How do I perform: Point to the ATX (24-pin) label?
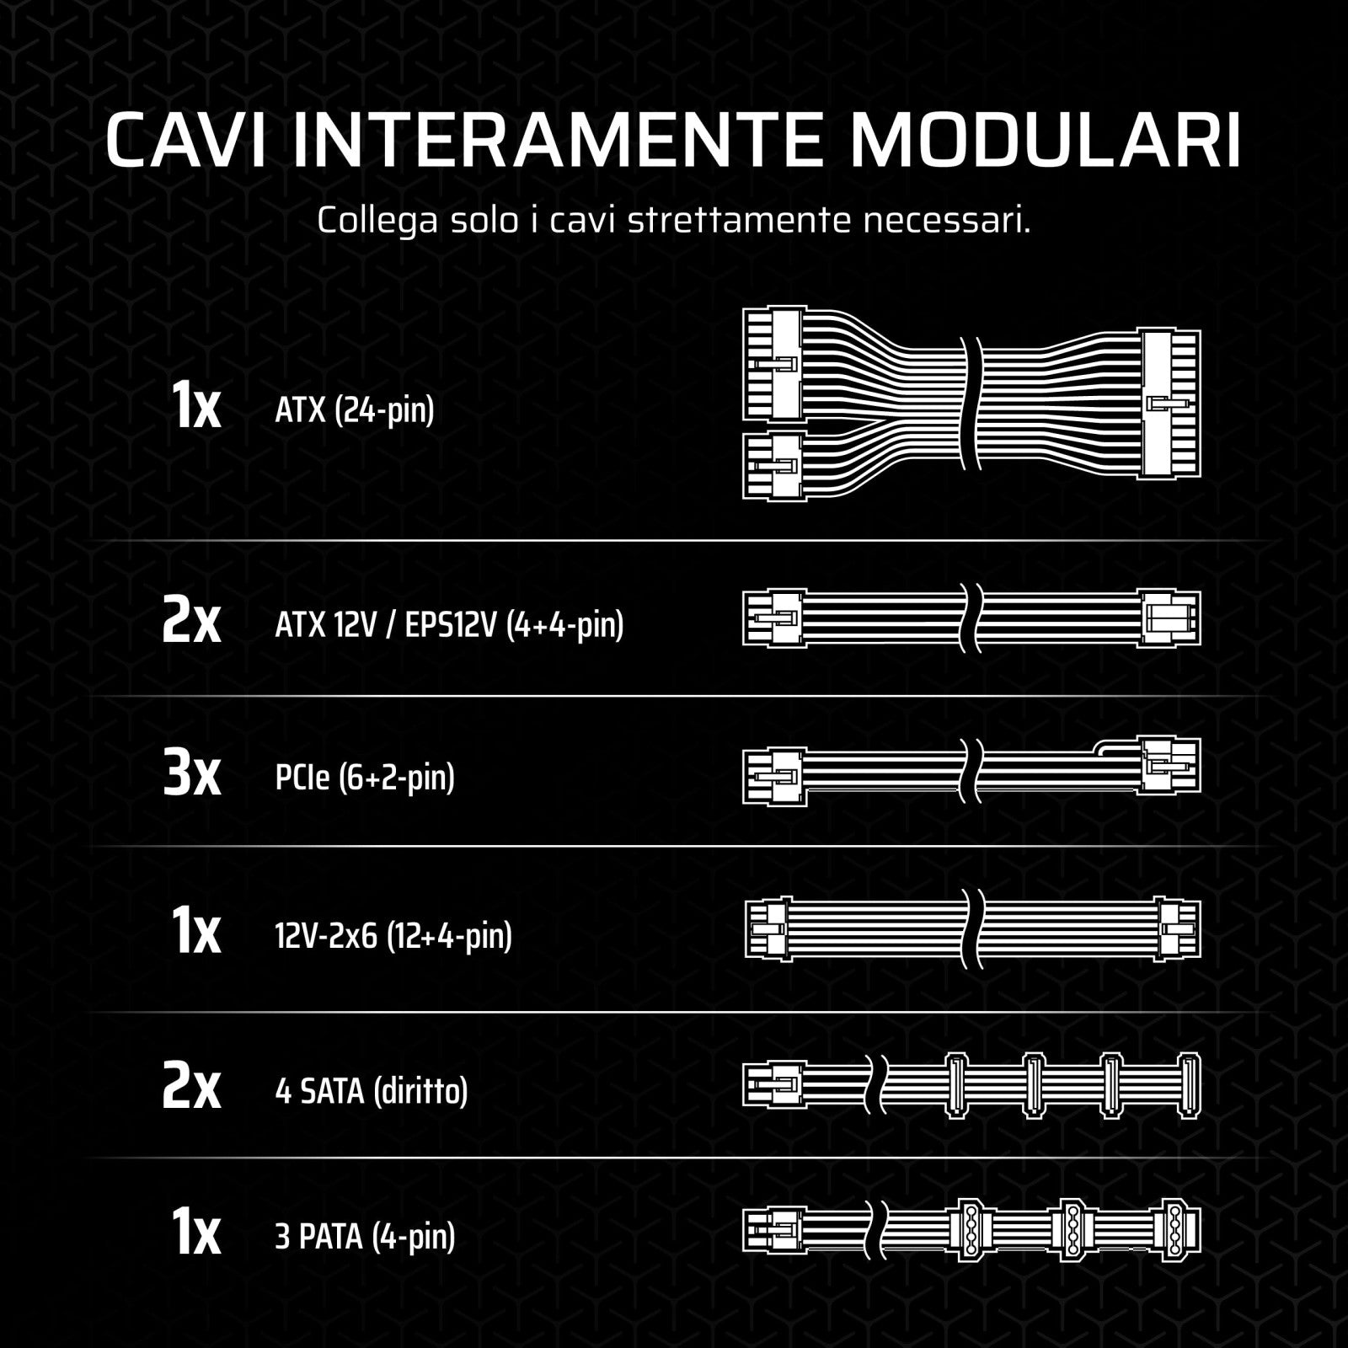[x=355, y=410]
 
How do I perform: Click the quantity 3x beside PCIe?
[x=191, y=776]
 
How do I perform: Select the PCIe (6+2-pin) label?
[x=365, y=777]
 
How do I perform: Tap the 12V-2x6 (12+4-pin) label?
[x=393, y=935]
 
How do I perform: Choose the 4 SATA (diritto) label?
[x=372, y=1092]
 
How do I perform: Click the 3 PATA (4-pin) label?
[x=365, y=1237]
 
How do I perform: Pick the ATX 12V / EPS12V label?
[x=449, y=625]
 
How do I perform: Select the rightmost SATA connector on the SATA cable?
[x=1189, y=1086]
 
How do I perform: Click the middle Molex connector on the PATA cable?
[x=1071, y=1230]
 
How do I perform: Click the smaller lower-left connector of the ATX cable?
[x=773, y=466]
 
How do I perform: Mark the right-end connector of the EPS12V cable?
[x=1169, y=618]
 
